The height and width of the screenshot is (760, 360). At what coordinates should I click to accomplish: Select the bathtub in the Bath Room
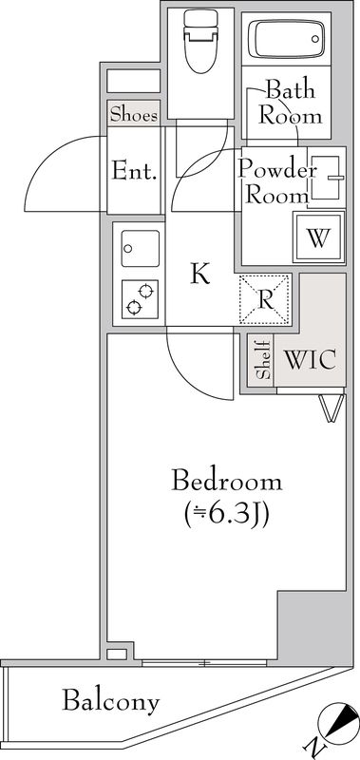coord(285,40)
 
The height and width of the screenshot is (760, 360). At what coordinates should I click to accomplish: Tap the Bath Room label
coord(291,104)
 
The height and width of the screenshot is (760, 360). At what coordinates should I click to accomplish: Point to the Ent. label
coord(135,171)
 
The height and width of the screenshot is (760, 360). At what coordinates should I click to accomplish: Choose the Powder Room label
coord(275,182)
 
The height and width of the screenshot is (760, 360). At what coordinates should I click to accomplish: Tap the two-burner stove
coord(138,297)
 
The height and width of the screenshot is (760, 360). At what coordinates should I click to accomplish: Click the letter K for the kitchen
coord(199,275)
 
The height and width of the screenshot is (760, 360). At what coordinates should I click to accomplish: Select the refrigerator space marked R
coord(266,297)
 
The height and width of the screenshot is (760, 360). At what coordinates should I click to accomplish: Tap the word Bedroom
coord(226,480)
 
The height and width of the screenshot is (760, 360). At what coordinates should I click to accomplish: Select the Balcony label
coord(110,702)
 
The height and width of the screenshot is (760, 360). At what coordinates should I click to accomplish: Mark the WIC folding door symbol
coord(330,408)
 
